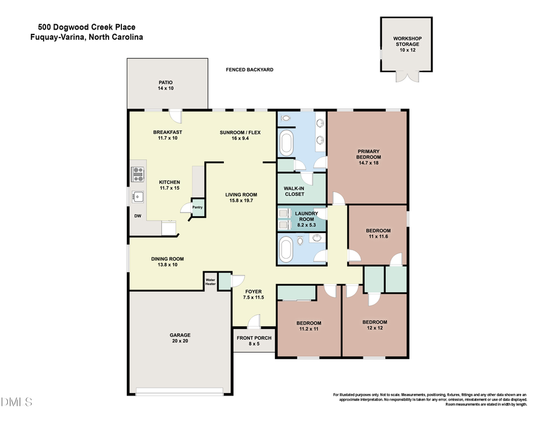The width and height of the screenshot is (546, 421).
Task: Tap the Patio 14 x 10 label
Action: [166, 85]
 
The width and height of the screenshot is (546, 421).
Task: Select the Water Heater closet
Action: [211, 281]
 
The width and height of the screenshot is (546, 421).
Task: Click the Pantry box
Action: [197, 207]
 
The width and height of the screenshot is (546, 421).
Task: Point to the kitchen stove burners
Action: [138, 174]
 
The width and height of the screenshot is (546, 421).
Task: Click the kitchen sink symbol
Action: [138, 196]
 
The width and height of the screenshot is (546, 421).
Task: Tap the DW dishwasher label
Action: [138, 215]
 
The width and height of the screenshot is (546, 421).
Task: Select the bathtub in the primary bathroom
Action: [285, 144]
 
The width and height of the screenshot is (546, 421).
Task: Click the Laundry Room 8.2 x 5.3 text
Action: [303, 216]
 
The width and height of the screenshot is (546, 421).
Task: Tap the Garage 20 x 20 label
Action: [180, 338]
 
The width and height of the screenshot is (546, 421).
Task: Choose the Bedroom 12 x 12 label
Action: [374, 325]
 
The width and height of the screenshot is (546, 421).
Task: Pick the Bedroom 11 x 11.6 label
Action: [378, 234]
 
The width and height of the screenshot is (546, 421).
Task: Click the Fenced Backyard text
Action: [249, 70]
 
